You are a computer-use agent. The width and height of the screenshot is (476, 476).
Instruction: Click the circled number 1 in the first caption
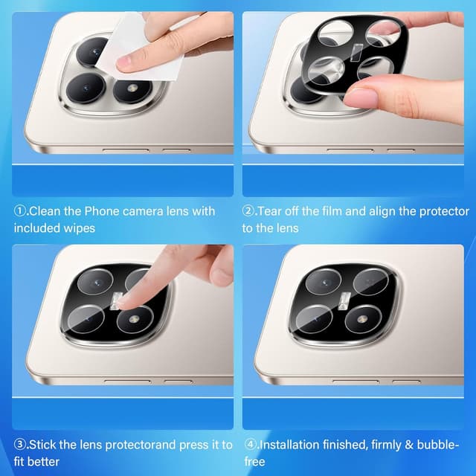point(20,211)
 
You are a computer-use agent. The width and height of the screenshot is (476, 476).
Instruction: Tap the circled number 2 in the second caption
point(248,211)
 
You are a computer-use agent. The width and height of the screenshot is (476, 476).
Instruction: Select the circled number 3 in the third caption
point(20,445)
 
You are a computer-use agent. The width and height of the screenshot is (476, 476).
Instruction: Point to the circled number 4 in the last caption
point(251,445)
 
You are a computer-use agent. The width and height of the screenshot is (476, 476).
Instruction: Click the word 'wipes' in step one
point(81,228)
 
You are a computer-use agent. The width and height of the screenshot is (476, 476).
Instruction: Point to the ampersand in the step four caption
point(409,445)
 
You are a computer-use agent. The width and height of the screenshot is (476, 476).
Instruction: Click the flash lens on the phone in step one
point(132,89)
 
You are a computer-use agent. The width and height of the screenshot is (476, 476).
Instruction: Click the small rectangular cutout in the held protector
point(356,53)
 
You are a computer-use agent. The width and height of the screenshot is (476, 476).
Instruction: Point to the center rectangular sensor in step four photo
point(344,301)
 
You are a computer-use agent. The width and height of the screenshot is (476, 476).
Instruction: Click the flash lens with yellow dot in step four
point(362,319)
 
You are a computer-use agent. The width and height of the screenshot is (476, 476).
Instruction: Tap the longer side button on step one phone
point(126,150)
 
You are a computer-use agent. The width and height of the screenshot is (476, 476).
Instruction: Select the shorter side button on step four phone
point(406,382)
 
